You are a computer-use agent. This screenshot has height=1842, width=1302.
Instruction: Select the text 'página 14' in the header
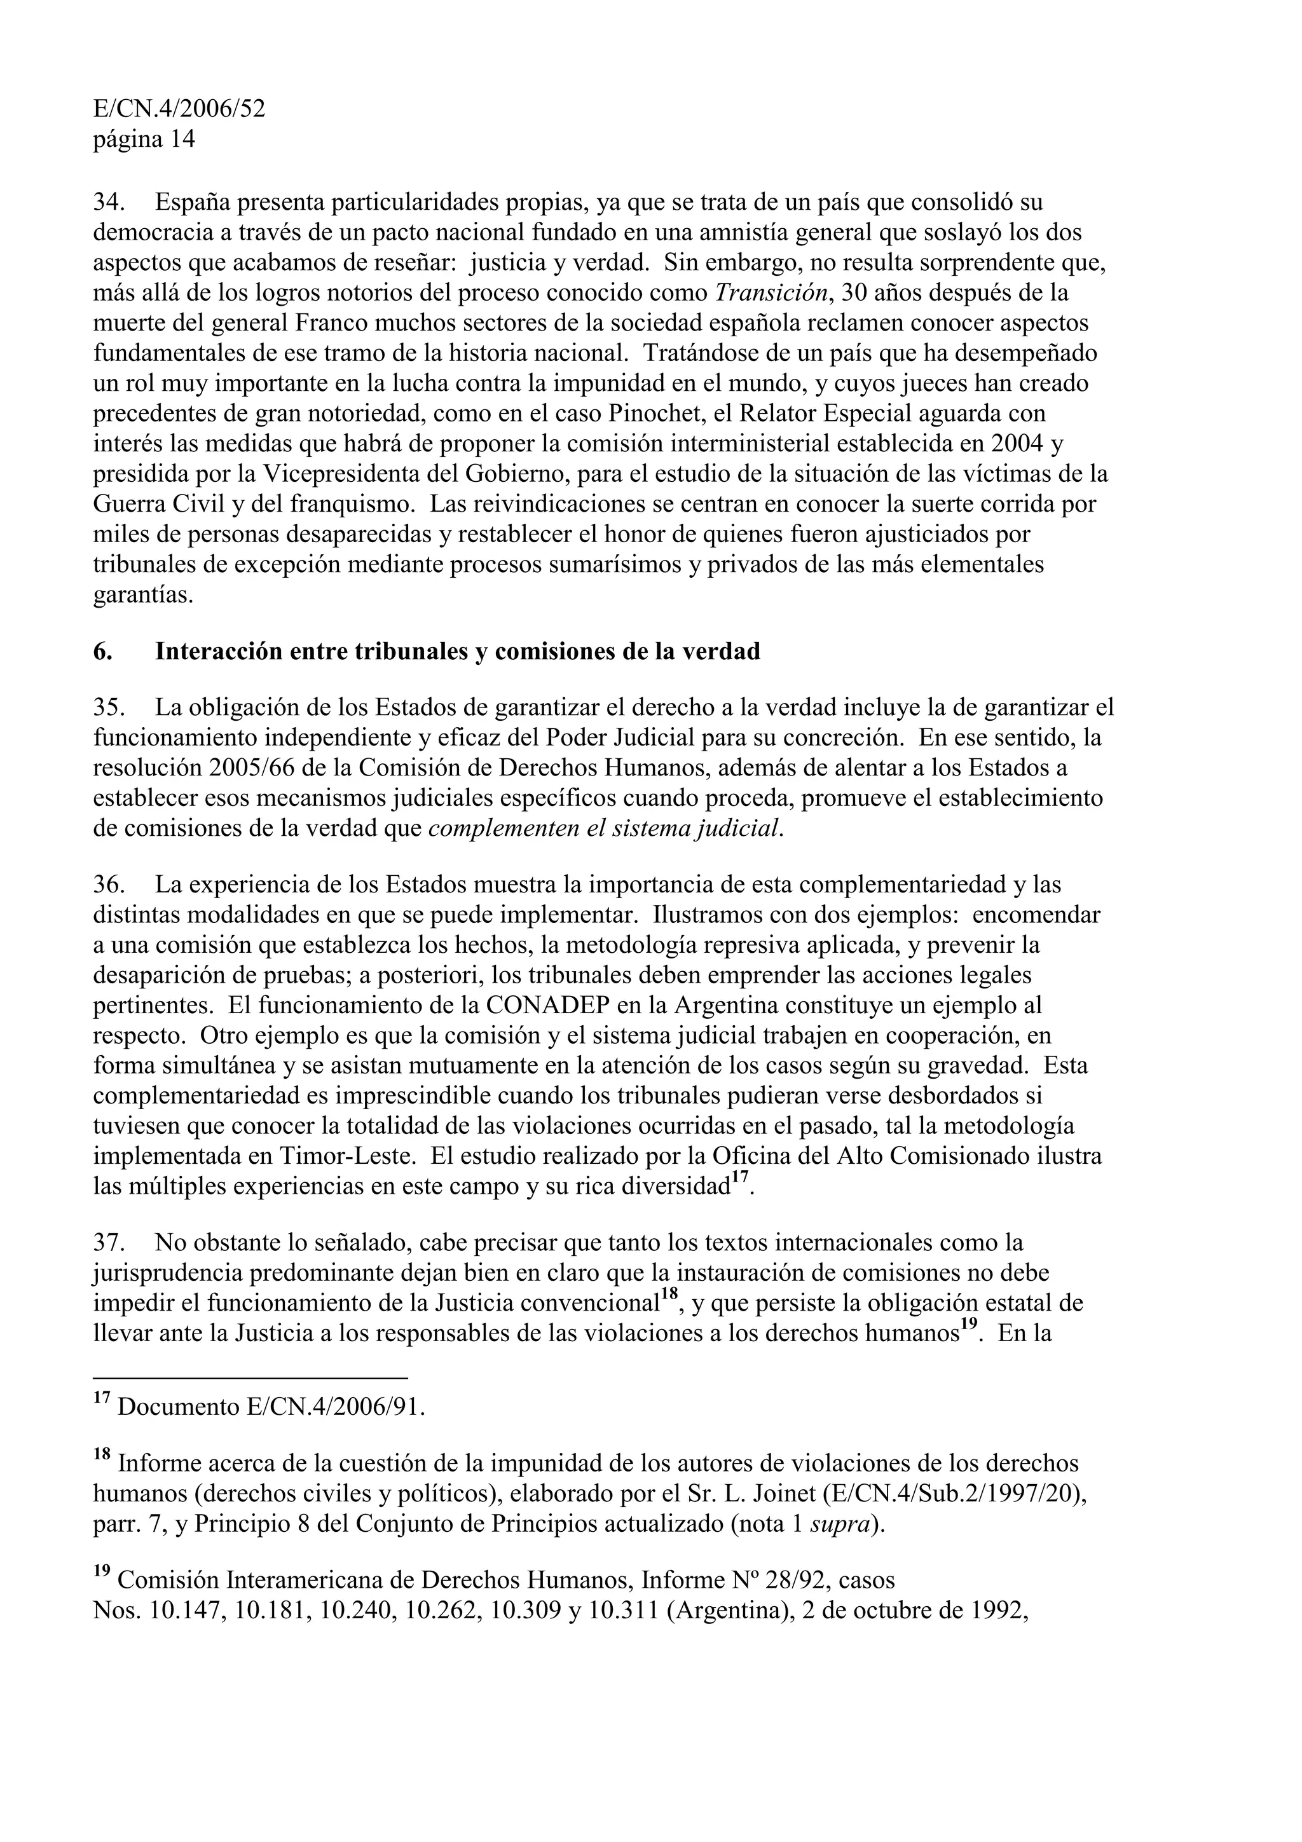point(144,140)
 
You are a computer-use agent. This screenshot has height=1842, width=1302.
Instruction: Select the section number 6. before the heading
point(103,652)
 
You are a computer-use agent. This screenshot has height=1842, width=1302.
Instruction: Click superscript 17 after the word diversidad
point(739,1178)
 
